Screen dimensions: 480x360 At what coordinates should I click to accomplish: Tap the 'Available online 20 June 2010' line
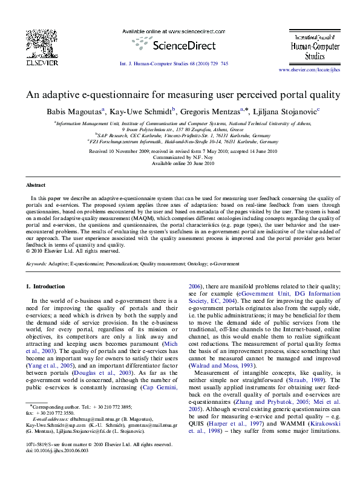pos(183,164)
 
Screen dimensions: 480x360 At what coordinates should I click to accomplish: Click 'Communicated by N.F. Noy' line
pos(183,157)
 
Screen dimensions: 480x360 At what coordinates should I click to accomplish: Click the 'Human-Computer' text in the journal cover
pos(306,44)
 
